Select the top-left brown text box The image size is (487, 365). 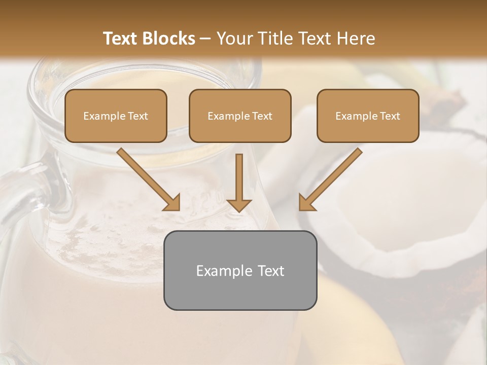(116, 116)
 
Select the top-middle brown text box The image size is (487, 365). (240, 116)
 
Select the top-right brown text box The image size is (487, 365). (368, 116)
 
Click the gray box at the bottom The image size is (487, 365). (240, 270)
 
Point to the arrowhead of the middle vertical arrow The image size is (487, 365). (239, 205)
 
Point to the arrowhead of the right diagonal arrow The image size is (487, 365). (306, 203)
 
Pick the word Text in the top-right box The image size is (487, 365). (390, 116)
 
